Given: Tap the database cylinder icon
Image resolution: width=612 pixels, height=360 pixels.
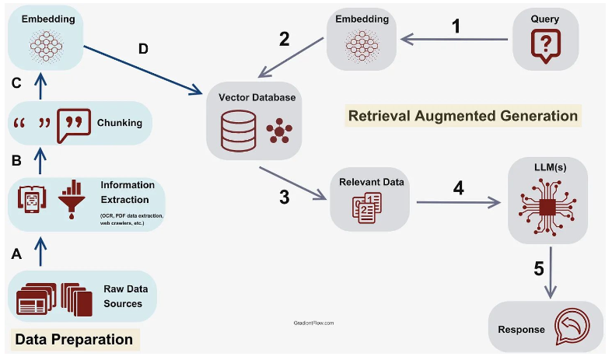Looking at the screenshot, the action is [239, 131].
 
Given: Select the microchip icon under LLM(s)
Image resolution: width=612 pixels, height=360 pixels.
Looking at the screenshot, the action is [547, 207].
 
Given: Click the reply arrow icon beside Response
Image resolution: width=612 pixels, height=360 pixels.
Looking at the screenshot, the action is [572, 327].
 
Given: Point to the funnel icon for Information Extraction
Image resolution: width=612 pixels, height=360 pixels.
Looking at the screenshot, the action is [72, 199].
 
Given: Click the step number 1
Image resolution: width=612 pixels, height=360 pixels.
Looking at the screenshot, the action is [456, 26].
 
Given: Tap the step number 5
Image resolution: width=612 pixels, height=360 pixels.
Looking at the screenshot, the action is [539, 268].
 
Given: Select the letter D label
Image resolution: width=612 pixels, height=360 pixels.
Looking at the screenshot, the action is [143, 49].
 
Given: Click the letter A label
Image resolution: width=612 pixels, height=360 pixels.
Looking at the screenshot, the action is [16, 254].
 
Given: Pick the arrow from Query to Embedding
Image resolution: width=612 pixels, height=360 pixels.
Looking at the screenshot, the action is [454, 39].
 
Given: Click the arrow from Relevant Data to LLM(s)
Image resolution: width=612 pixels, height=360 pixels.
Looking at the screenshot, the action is [459, 202].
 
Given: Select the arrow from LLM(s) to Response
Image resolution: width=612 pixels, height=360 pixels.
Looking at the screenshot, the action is [551, 272].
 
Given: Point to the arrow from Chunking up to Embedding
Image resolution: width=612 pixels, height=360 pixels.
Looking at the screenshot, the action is [40, 86].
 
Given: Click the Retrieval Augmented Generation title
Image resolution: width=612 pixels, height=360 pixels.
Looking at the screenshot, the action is [463, 116].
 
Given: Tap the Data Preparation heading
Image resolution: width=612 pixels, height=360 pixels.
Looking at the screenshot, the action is [74, 339].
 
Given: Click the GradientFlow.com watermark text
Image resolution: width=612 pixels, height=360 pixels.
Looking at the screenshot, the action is [314, 323].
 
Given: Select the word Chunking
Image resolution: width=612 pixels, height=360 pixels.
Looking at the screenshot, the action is [120, 123].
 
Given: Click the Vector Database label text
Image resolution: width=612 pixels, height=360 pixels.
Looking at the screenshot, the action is [257, 97].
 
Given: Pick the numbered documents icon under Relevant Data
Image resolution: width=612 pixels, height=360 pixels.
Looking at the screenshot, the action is [367, 208].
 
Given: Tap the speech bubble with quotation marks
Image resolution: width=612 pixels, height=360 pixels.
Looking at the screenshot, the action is [74, 125].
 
